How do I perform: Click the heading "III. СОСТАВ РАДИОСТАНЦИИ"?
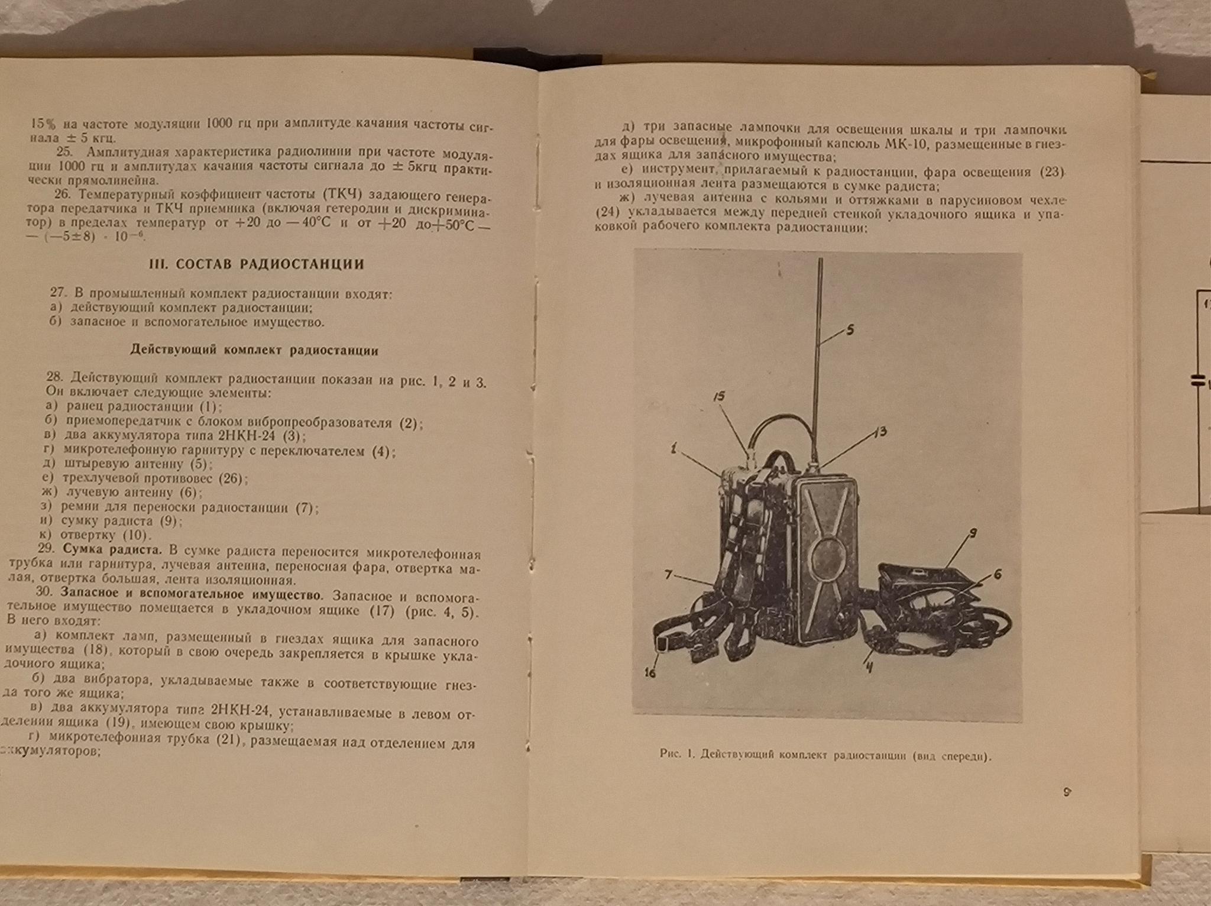(x=257, y=264)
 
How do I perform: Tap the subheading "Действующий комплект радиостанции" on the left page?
(x=254, y=350)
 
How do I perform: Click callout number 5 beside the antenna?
(x=850, y=330)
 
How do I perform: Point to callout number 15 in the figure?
(x=719, y=397)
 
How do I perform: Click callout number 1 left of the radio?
(x=672, y=449)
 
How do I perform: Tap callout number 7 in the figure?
(x=669, y=573)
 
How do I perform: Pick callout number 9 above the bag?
(x=973, y=535)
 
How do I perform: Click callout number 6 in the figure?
(x=998, y=574)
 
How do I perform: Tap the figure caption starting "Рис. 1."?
(x=825, y=756)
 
